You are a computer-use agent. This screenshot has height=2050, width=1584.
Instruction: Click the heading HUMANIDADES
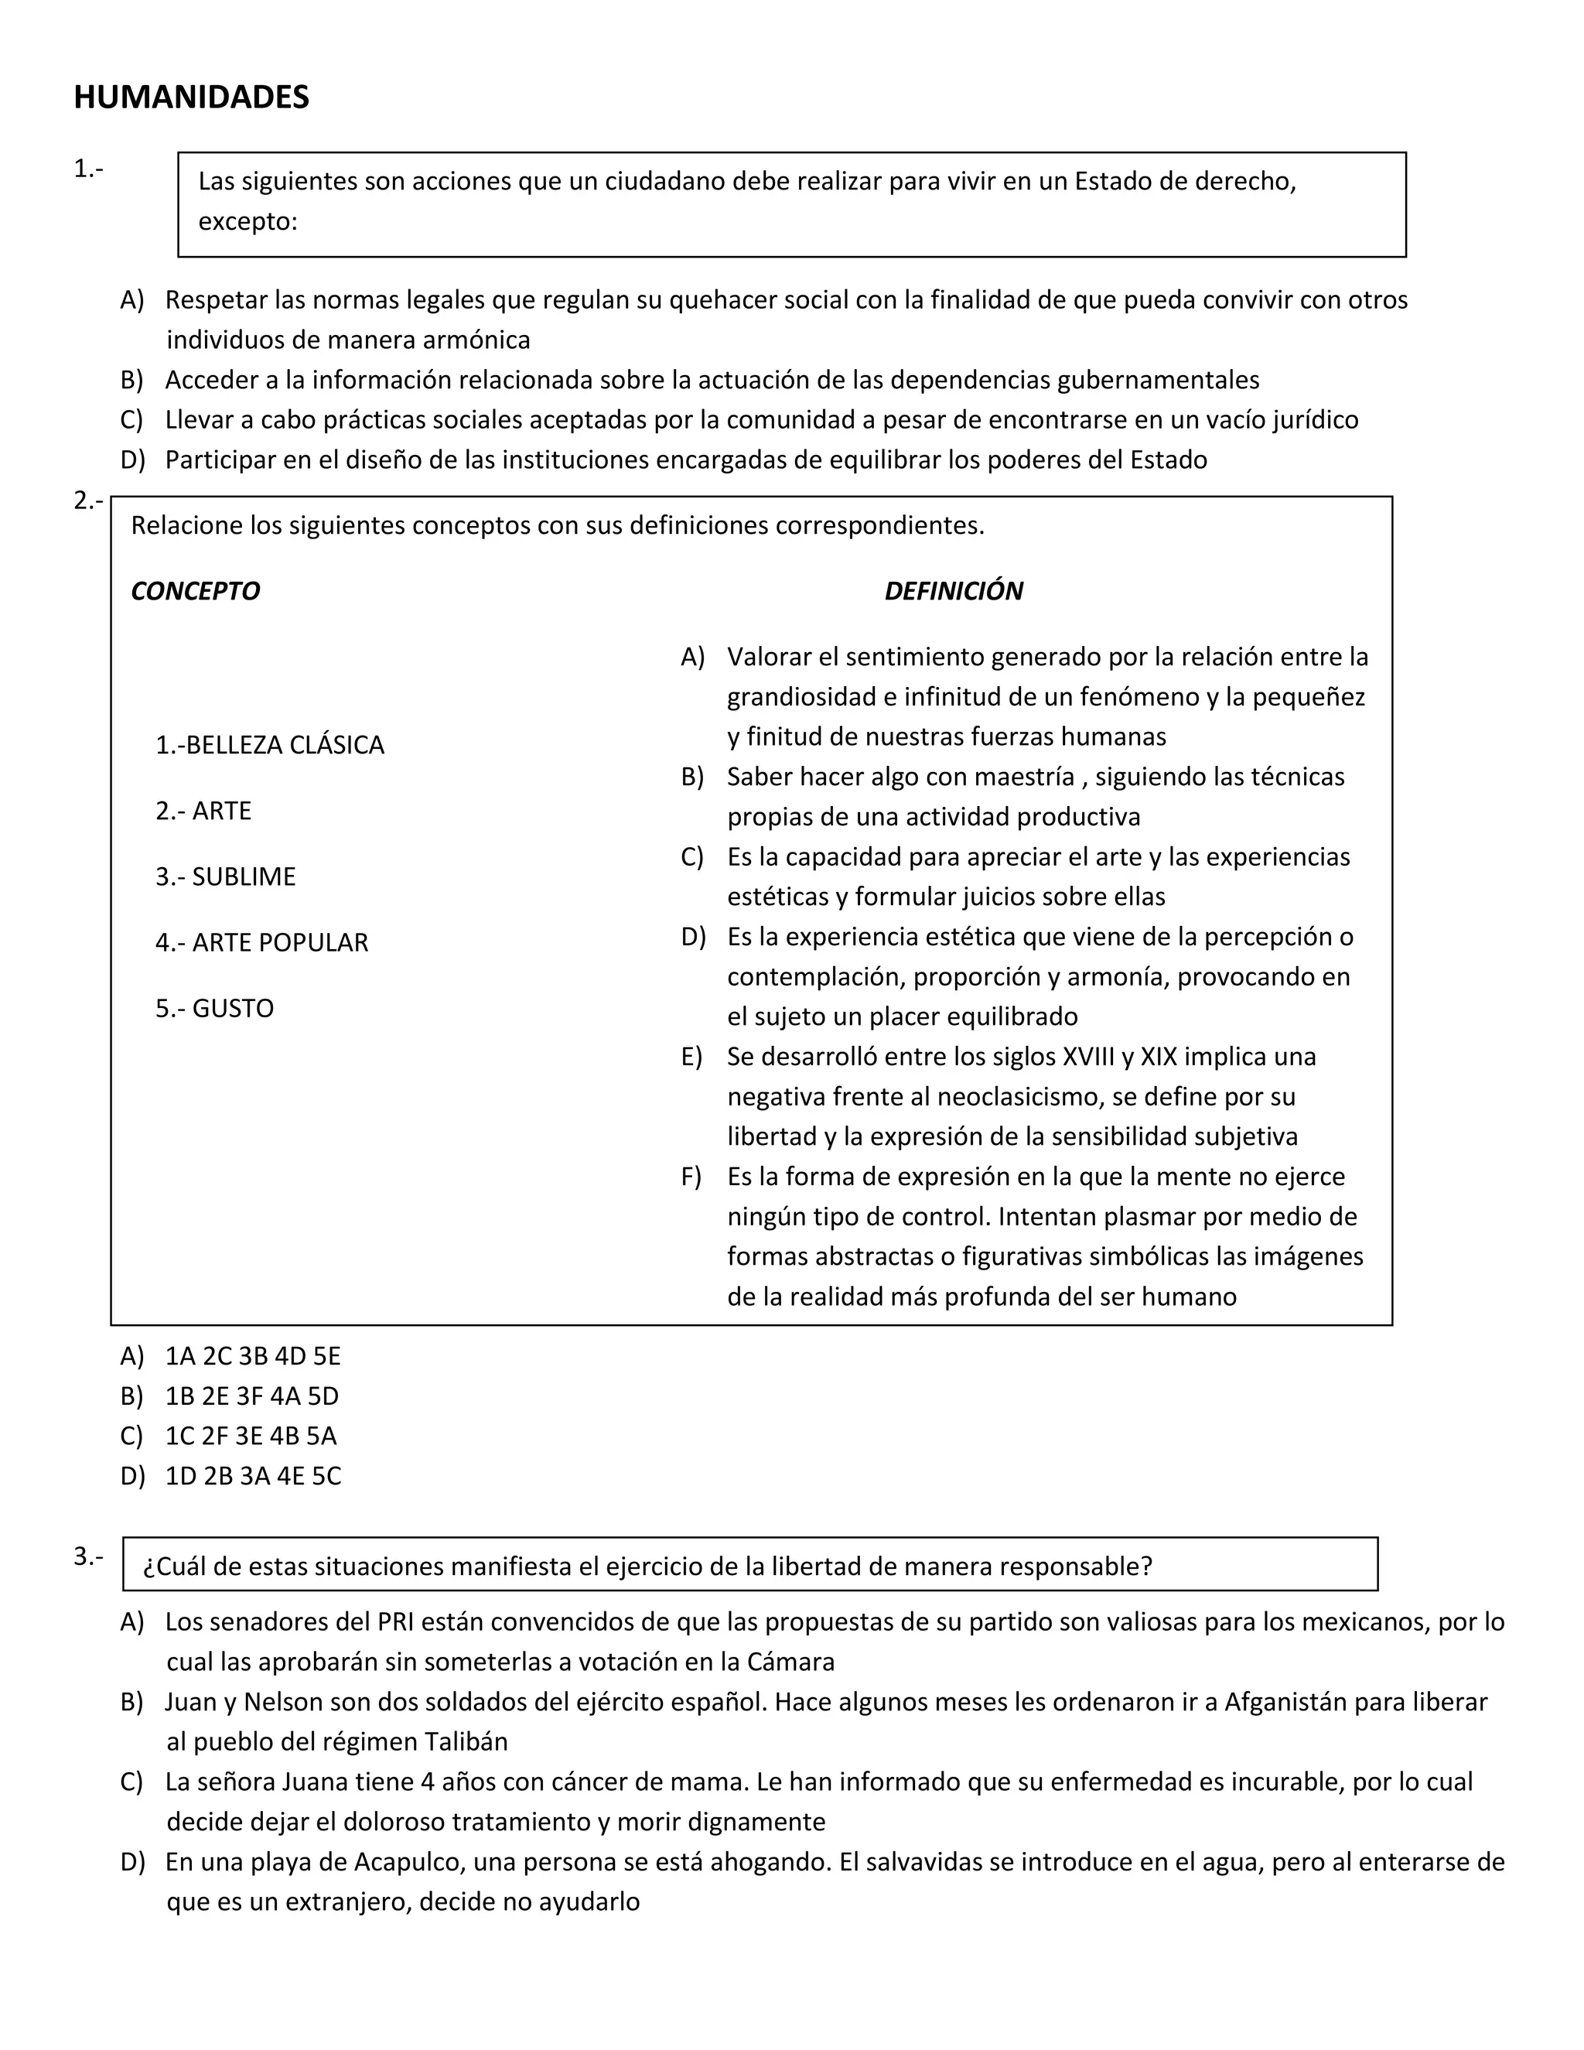(x=192, y=97)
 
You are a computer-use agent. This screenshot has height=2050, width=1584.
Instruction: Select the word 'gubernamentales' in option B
(x=1158, y=380)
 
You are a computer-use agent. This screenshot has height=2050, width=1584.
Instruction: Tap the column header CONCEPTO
(x=195, y=591)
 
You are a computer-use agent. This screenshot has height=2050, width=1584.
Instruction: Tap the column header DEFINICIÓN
(x=954, y=591)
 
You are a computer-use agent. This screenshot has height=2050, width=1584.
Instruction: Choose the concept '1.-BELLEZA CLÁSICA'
(x=270, y=745)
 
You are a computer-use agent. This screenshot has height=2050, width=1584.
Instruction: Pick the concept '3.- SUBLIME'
(x=225, y=876)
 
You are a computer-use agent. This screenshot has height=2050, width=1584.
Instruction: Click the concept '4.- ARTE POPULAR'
(x=262, y=942)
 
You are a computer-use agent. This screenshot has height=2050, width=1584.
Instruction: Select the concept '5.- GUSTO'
(x=215, y=1008)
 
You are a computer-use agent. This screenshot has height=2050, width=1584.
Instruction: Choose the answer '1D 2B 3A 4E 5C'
(x=254, y=1477)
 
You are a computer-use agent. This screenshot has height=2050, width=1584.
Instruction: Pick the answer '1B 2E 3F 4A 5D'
(x=251, y=1396)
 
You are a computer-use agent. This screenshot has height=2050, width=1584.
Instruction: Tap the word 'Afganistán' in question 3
(x=1285, y=1702)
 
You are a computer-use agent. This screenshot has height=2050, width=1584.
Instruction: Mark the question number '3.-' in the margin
(x=88, y=1557)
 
